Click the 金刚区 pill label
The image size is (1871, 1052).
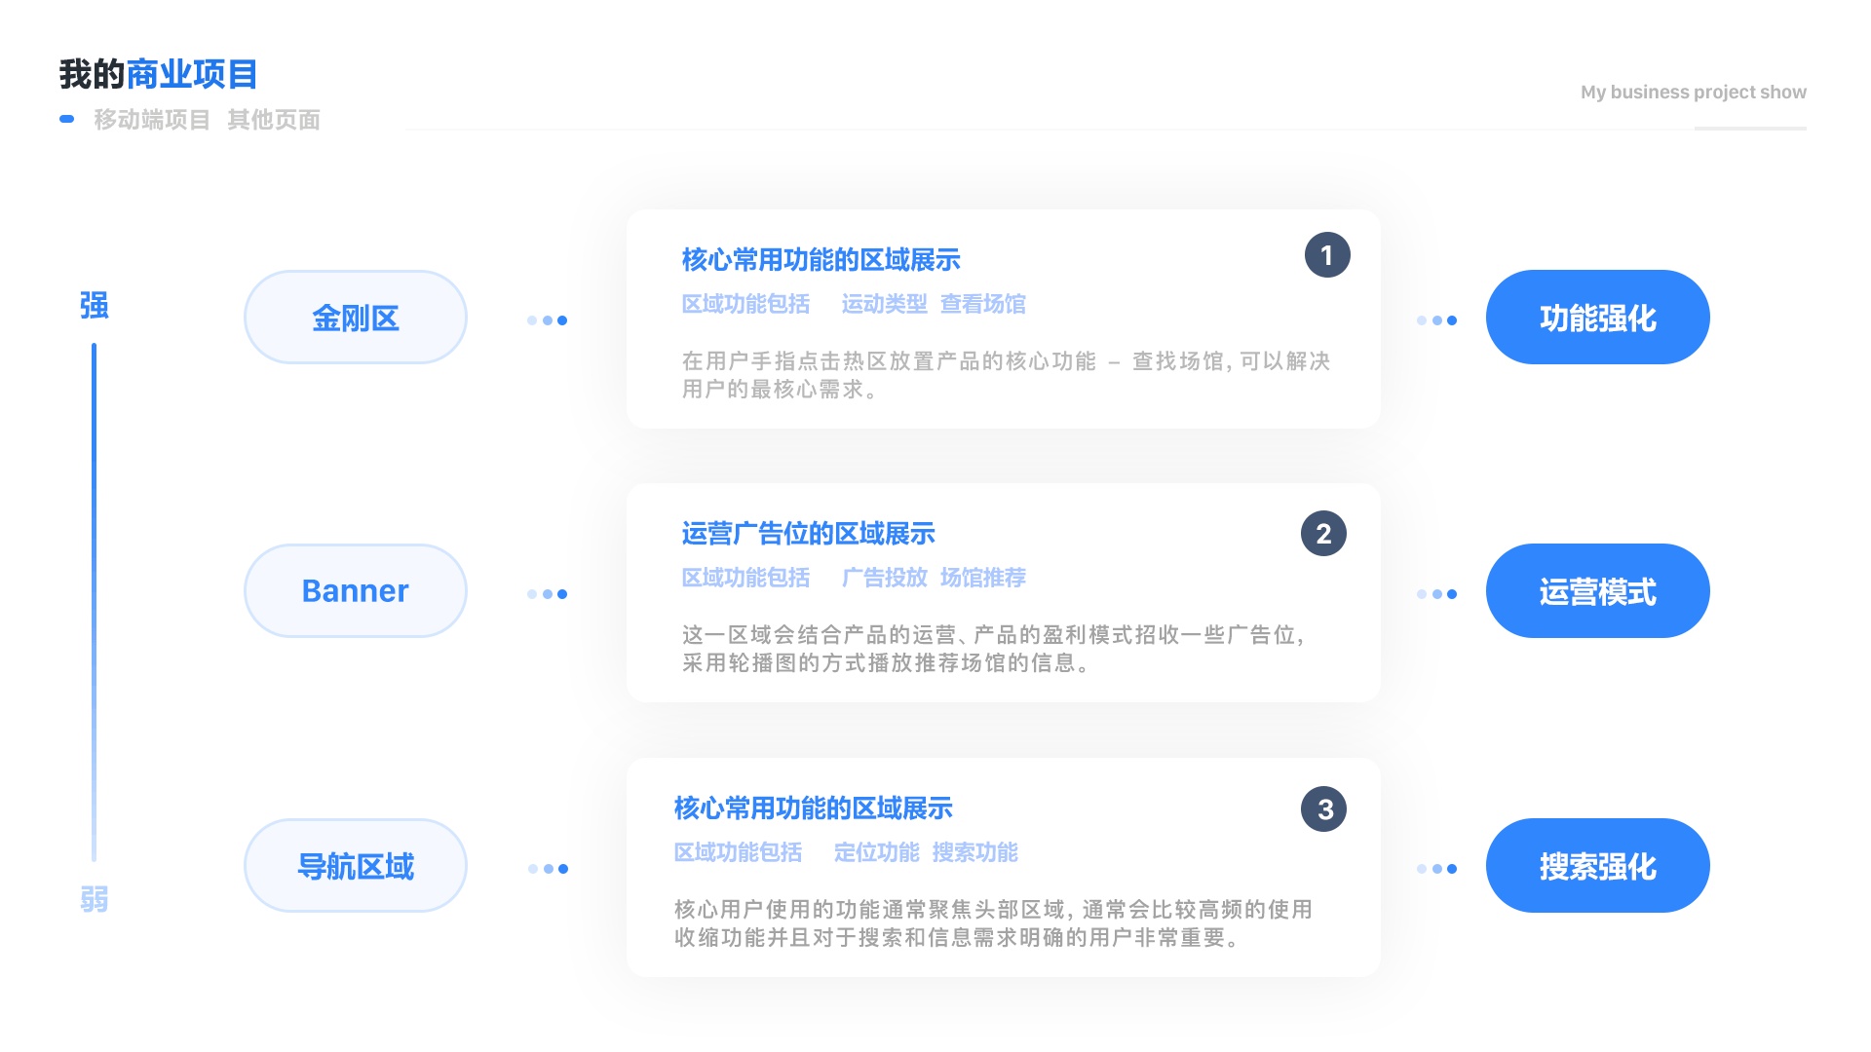(356, 318)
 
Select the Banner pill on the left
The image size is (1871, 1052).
(356, 591)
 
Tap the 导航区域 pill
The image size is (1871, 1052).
(356, 866)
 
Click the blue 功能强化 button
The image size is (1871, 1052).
(1598, 318)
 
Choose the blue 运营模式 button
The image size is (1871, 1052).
(1598, 591)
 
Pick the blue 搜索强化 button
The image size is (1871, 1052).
(1598, 866)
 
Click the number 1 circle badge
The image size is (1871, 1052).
(1327, 255)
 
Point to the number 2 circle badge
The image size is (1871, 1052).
(1323, 534)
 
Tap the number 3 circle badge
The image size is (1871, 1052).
(1323, 809)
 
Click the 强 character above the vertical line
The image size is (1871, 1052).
(95, 306)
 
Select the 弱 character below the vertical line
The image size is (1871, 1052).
(95, 899)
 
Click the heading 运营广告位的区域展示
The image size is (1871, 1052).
(809, 534)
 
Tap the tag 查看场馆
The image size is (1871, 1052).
(983, 305)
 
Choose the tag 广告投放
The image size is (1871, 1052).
(885, 579)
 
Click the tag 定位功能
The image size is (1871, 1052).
(877, 853)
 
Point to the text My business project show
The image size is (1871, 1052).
(1694, 93)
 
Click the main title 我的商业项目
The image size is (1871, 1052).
(159, 75)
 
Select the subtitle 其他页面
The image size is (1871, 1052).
(274, 120)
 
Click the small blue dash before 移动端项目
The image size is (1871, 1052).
(67, 119)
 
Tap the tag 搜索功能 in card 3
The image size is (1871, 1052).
(975, 853)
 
